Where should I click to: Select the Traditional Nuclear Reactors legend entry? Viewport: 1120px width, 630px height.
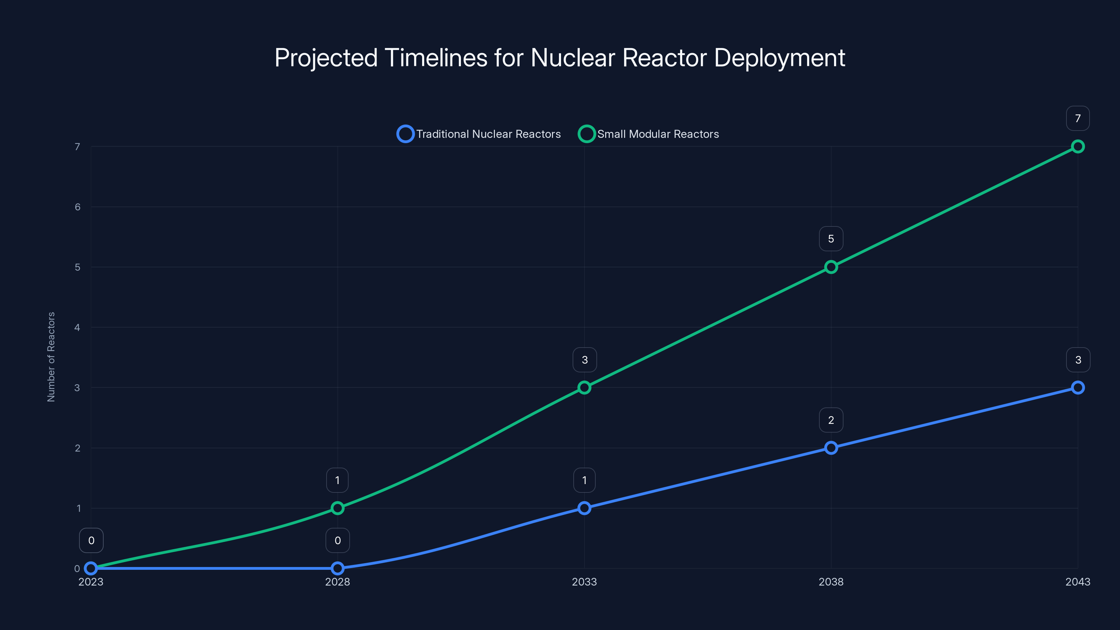[x=479, y=134]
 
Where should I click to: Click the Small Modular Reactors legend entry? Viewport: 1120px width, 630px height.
[x=648, y=134]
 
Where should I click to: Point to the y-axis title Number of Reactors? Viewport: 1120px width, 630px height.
[x=51, y=357]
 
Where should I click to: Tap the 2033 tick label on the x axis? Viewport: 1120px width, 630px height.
[x=584, y=582]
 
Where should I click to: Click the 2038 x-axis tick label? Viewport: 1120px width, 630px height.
[x=831, y=582]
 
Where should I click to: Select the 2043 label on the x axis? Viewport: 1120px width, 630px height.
[x=1077, y=582]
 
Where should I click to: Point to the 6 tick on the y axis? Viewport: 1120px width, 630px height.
[x=77, y=207]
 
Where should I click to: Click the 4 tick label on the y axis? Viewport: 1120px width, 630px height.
[x=77, y=327]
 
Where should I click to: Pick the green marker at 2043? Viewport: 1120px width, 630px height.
[x=1077, y=147]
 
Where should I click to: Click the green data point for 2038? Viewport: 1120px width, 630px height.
[x=831, y=267]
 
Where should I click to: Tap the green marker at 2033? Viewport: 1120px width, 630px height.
[x=584, y=387]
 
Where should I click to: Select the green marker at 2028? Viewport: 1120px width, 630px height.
[x=337, y=508]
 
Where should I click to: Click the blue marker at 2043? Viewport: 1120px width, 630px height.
[x=1077, y=387]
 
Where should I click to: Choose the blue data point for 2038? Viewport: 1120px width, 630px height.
[x=831, y=448]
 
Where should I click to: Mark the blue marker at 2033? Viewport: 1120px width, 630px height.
[x=584, y=508]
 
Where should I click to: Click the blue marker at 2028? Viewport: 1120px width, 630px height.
[x=337, y=568]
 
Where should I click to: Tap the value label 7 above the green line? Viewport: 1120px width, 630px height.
[x=1077, y=118]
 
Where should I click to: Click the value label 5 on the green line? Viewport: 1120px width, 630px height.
[x=831, y=239]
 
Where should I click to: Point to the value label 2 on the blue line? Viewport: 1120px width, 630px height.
[x=831, y=420]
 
